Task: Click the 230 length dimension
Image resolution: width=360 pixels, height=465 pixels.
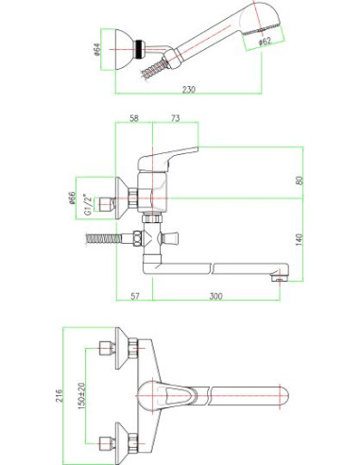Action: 189,90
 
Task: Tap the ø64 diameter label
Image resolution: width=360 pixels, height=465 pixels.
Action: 97,49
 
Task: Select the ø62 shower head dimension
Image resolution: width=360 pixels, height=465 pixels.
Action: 265,42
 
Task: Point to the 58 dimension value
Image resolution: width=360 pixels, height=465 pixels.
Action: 134,118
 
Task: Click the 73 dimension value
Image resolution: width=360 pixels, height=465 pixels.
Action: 175,118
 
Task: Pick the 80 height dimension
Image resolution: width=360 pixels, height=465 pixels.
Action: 300,181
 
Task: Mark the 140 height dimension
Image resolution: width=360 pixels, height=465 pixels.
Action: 300,239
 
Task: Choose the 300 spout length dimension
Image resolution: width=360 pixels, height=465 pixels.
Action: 215,296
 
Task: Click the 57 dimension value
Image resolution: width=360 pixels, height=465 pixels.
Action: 135,296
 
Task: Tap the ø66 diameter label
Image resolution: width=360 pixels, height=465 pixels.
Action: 72,198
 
